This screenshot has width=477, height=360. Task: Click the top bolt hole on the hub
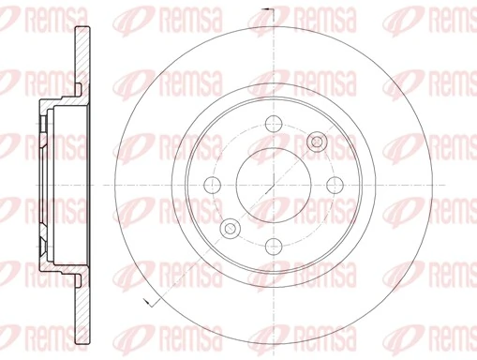(274, 122)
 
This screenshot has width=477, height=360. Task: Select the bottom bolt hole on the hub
(274, 246)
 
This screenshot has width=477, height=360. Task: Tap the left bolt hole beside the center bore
(212, 184)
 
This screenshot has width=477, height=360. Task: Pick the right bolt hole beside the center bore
(335, 184)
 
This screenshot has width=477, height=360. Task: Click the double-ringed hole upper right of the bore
(318, 141)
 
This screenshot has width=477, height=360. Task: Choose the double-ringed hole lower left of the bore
(230, 227)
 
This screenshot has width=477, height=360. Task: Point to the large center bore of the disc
(274, 184)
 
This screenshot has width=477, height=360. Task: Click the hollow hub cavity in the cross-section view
(66, 183)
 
